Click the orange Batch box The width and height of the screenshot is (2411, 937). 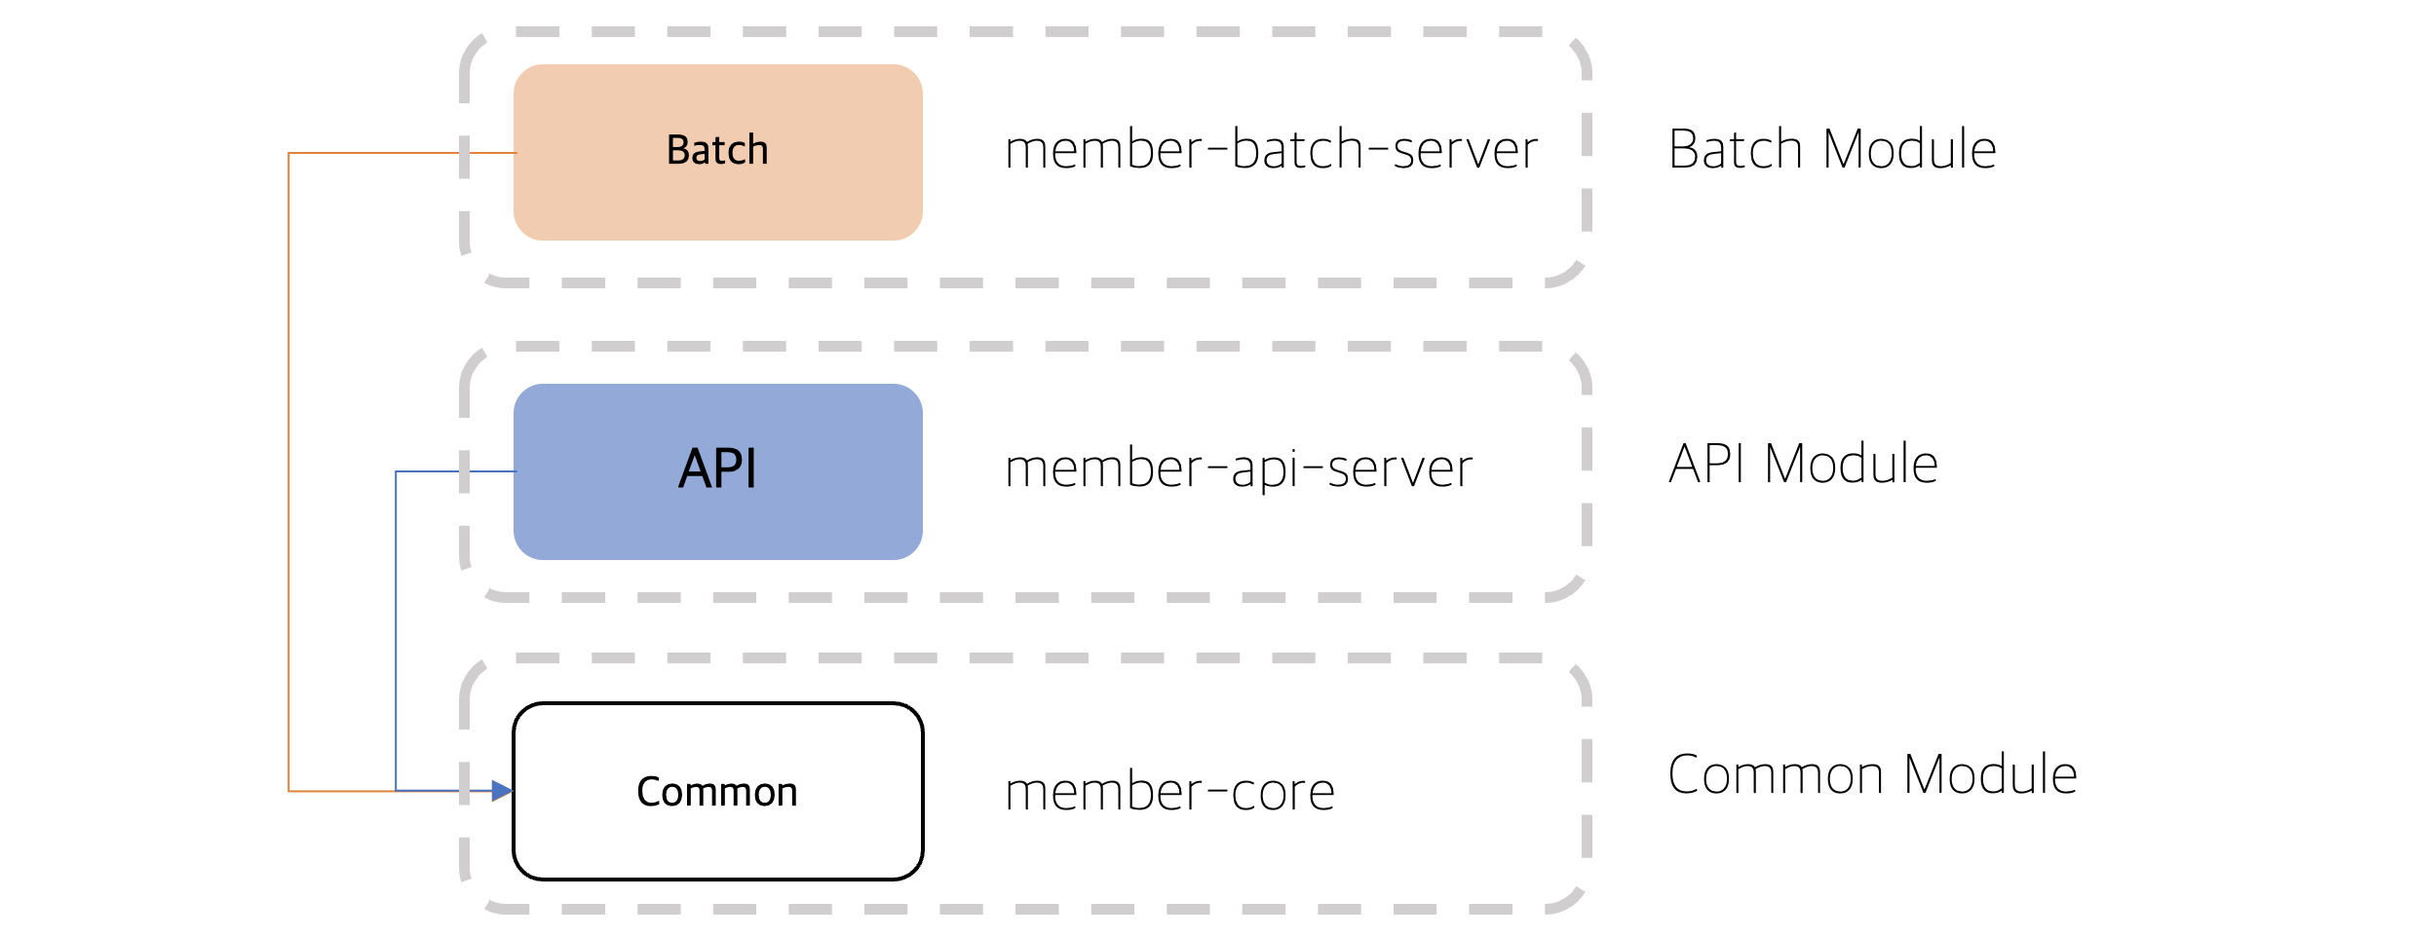tap(718, 152)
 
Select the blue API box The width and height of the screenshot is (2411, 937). tap(718, 471)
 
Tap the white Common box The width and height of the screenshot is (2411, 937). tap(718, 791)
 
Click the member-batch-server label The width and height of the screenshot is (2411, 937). tap(1271, 150)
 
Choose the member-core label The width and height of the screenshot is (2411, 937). tap(1169, 791)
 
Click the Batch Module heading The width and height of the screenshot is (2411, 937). tap(1832, 149)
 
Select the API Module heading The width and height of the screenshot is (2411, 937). tap(1803, 464)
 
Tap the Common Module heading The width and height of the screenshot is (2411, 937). tap(1872, 775)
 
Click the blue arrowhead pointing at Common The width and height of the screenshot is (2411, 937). tap(503, 791)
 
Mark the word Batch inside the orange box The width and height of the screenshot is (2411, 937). tap(717, 150)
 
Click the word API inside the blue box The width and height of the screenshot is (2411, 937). tap(718, 468)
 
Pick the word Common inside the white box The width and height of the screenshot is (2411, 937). tap(717, 792)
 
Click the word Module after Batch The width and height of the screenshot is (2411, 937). tap(1910, 149)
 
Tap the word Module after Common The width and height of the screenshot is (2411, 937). tap(1990, 775)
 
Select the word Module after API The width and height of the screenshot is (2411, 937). tap(1852, 464)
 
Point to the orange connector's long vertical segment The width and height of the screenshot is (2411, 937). tap(288, 471)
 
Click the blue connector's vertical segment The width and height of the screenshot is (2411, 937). tap(396, 631)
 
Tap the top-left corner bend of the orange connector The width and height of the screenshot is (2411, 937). tap(288, 153)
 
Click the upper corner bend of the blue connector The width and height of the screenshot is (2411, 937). tap(396, 471)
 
